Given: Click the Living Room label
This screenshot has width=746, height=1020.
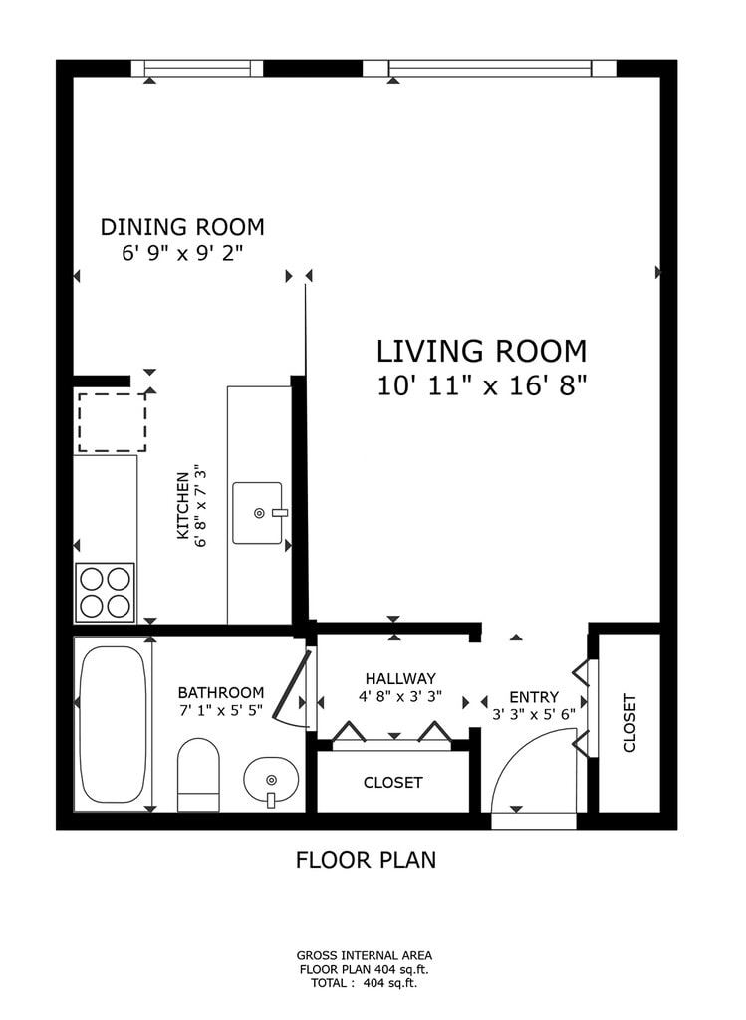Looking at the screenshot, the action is [482, 352].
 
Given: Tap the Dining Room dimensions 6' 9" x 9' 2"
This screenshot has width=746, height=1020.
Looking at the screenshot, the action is [182, 252].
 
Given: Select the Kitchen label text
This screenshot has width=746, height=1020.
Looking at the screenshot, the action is [182, 506].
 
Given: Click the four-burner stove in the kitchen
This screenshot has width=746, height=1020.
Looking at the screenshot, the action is [106, 592].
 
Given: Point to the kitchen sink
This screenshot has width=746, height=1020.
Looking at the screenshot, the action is [258, 513].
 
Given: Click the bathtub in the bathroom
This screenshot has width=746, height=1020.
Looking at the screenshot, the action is [113, 724].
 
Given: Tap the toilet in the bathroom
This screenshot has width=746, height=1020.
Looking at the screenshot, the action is [198, 774].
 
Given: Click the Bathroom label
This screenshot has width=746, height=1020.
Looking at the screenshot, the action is [221, 693].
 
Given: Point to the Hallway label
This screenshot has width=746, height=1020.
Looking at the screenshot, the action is [400, 679].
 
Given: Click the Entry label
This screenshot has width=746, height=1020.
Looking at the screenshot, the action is [534, 697].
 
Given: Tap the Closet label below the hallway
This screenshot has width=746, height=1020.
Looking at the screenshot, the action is [392, 783].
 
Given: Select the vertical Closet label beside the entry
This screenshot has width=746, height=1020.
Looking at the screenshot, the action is [629, 723].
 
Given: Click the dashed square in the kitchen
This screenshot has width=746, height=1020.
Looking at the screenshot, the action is [112, 422].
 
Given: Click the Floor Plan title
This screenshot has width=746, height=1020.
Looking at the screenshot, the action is [367, 860].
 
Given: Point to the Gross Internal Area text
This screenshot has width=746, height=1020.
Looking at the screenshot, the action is [365, 955].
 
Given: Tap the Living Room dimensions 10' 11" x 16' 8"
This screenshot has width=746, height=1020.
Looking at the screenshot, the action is [482, 386].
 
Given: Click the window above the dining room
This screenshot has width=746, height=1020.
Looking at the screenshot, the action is [197, 69].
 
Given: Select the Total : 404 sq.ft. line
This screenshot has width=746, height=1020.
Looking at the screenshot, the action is [365, 983].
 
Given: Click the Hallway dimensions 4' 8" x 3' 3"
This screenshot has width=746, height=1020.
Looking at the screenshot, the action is [400, 696].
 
